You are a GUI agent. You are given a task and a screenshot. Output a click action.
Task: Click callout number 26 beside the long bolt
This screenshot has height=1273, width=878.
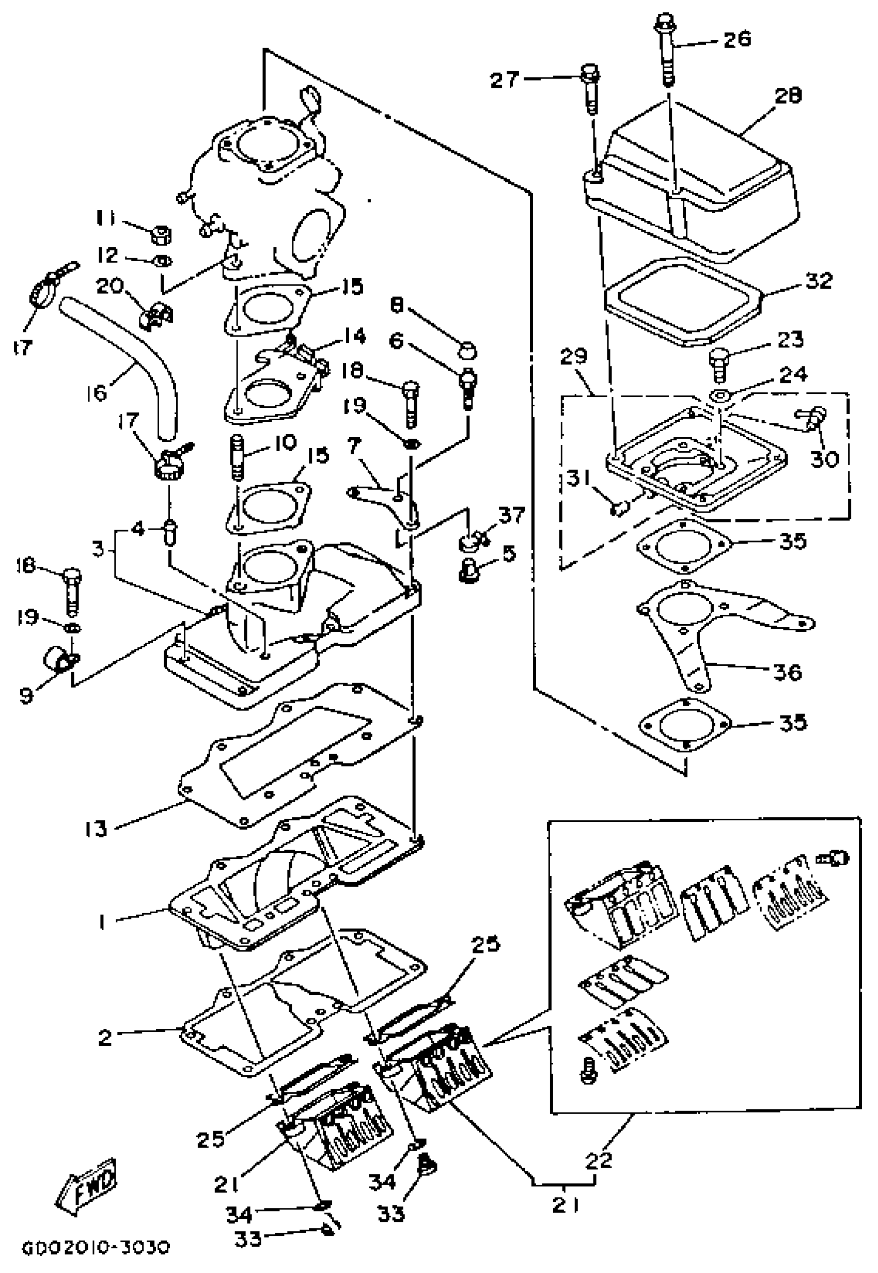(x=736, y=39)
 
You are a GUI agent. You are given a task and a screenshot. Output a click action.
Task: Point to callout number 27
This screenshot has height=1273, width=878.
(x=504, y=81)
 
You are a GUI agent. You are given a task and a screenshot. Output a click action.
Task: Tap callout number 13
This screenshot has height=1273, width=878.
(x=96, y=828)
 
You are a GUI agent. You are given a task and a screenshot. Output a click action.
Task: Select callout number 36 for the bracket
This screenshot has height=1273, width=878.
(x=787, y=672)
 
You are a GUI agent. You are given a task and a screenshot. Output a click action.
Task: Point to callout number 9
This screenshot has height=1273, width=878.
(x=26, y=695)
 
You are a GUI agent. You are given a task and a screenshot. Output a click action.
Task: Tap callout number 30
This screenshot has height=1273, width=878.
(x=824, y=457)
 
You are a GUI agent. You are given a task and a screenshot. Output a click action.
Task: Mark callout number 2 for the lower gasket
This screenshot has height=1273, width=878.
(x=104, y=1037)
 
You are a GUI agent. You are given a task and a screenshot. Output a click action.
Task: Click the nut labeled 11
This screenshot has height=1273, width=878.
(x=161, y=234)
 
